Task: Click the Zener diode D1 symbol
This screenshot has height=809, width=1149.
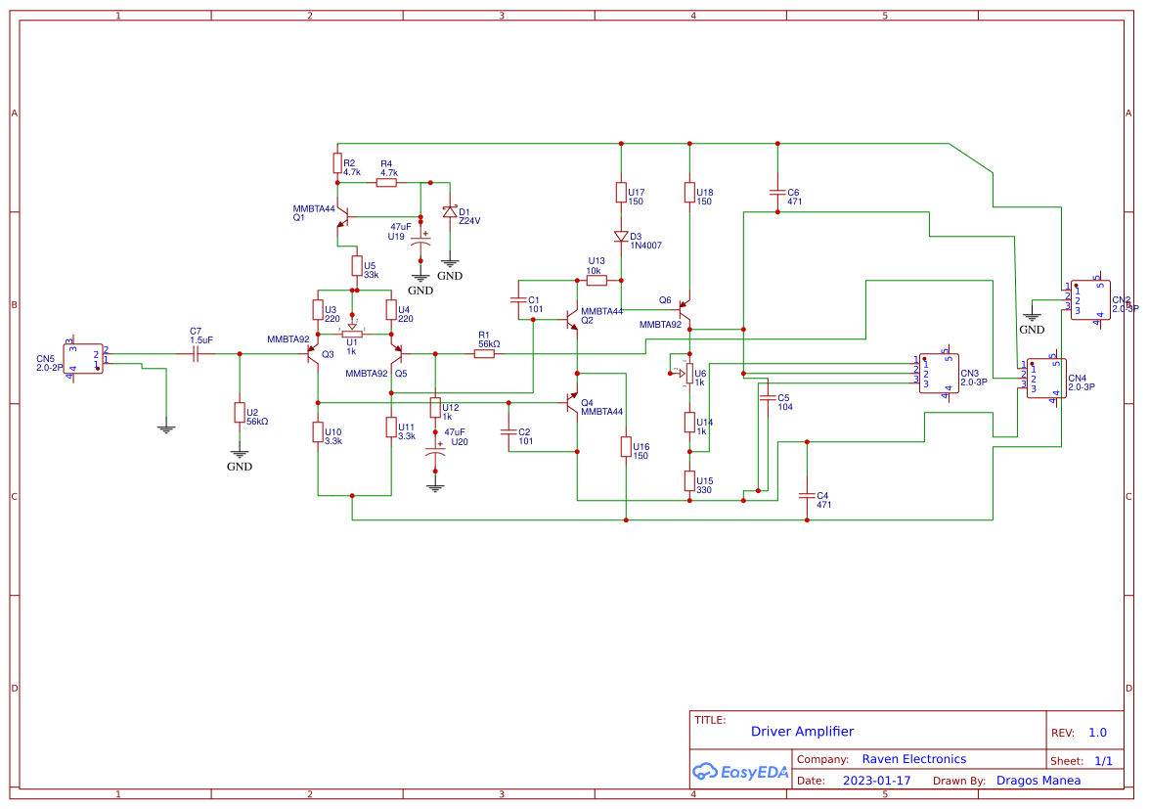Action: pos(450,211)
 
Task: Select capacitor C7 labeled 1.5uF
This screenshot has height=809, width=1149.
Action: pos(196,353)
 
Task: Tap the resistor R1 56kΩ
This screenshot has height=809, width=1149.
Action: pos(484,353)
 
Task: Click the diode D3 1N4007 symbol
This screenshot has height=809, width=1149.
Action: pos(621,236)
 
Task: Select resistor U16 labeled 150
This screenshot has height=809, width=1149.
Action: pos(626,447)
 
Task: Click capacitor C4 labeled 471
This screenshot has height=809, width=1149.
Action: pos(807,495)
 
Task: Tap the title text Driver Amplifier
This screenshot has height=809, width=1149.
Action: pos(802,731)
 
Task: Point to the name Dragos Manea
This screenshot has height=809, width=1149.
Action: pos(1039,781)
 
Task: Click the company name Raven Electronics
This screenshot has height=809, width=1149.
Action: pos(913,759)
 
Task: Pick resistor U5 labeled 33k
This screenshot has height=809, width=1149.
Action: pos(357,265)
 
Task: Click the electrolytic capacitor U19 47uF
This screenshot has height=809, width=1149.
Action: pos(420,243)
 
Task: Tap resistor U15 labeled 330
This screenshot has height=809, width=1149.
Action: pos(689,480)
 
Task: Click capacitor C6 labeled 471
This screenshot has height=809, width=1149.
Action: pos(777,193)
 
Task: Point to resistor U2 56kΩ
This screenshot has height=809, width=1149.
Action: pos(239,412)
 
